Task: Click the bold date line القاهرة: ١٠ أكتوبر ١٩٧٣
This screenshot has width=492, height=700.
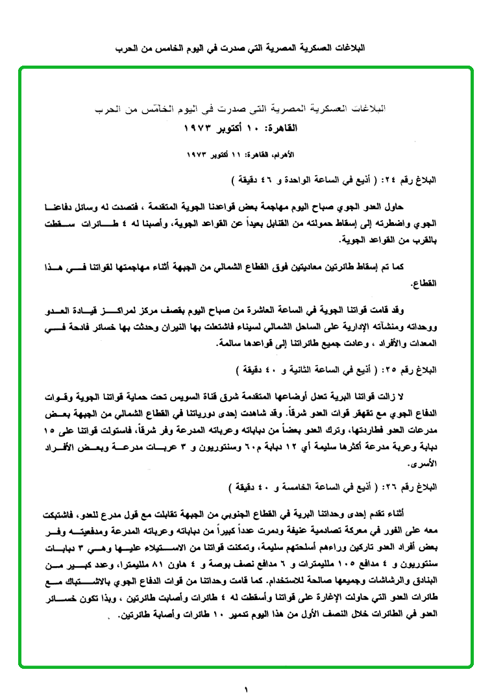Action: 246,128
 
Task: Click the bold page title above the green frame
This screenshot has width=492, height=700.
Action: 245,49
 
